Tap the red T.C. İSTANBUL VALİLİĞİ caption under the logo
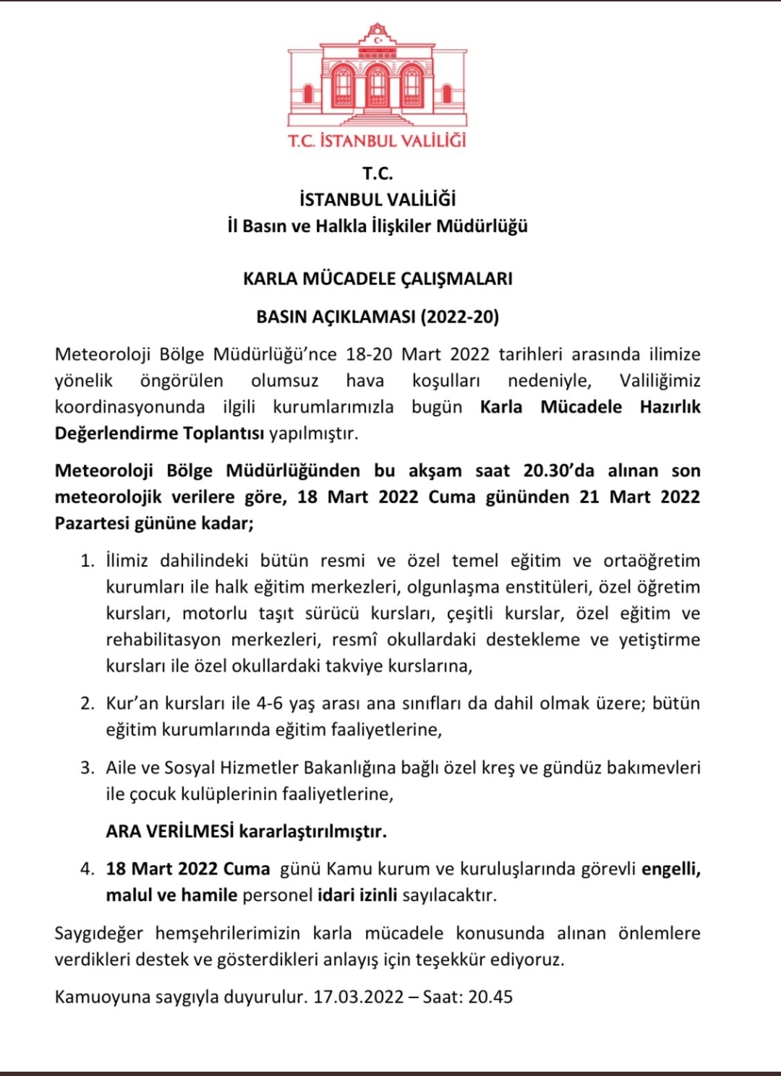click(x=377, y=140)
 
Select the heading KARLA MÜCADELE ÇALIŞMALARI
click(x=377, y=279)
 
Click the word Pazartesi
click(x=92, y=523)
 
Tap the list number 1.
click(x=88, y=561)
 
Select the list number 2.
click(x=88, y=704)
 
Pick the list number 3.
click(x=88, y=767)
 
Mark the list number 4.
click(x=88, y=869)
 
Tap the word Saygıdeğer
click(x=99, y=933)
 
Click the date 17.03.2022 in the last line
click(x=358, y=997)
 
